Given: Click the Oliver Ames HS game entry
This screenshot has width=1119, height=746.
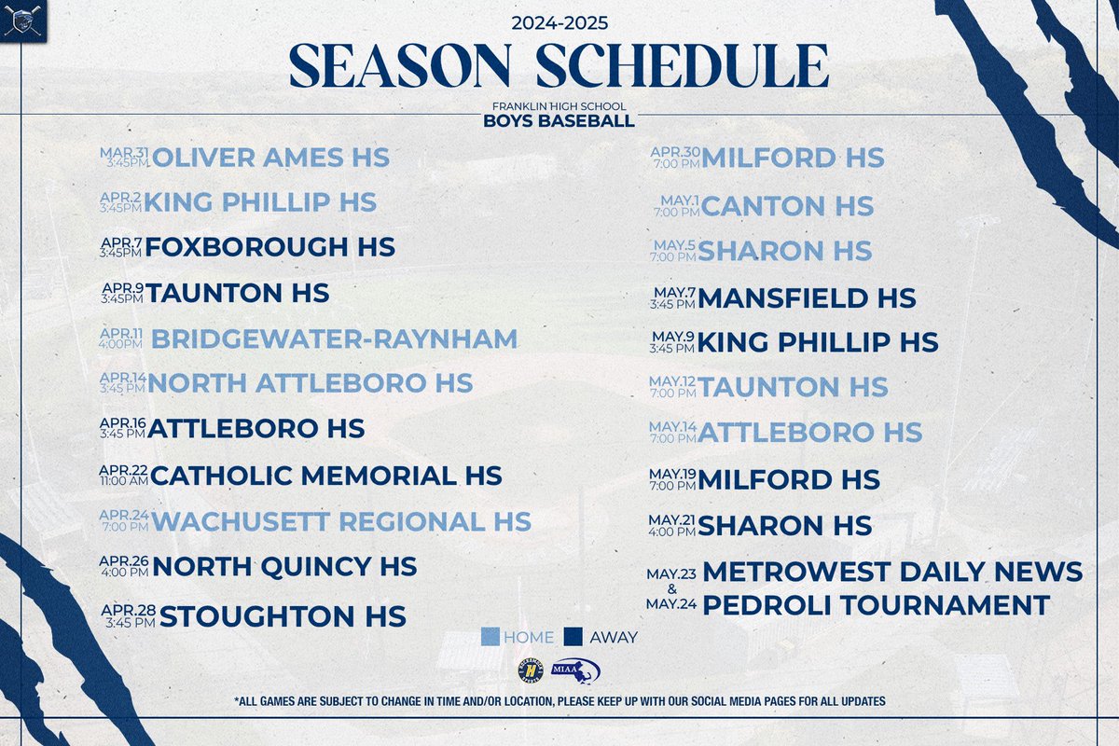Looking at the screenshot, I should (270, 158).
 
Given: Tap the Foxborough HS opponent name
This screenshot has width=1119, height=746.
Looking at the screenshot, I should (270, 247).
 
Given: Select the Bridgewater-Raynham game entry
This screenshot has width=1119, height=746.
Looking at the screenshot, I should (334, 338).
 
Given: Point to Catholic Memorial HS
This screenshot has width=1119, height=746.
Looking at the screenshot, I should (326, 476).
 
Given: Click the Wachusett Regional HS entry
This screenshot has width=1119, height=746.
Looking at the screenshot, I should (341, 521).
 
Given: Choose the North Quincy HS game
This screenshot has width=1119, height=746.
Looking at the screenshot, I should (284, 566).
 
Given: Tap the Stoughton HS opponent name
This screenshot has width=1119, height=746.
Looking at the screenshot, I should (283, 616).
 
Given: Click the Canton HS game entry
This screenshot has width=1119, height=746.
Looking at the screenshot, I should (787, 205).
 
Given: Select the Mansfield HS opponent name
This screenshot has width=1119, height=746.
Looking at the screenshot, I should (807, 297).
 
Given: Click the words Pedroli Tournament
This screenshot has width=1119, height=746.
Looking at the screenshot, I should (876, 605).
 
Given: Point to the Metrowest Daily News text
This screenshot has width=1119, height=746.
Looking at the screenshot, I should (892, 571).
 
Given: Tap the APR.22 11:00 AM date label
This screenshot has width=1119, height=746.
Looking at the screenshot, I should (123, 476).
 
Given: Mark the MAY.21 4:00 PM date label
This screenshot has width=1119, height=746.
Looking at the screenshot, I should (672, 525).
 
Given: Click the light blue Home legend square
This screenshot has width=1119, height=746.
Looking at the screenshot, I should (491, 638).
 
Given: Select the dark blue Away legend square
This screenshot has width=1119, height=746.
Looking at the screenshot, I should (573, 638).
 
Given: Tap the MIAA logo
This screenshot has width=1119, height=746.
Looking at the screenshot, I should (575, 671).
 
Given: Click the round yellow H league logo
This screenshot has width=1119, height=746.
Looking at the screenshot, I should (530, 671).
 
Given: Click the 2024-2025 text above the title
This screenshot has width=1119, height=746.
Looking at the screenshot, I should (559, 21).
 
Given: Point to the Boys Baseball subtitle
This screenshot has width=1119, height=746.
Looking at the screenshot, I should (559, 121).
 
